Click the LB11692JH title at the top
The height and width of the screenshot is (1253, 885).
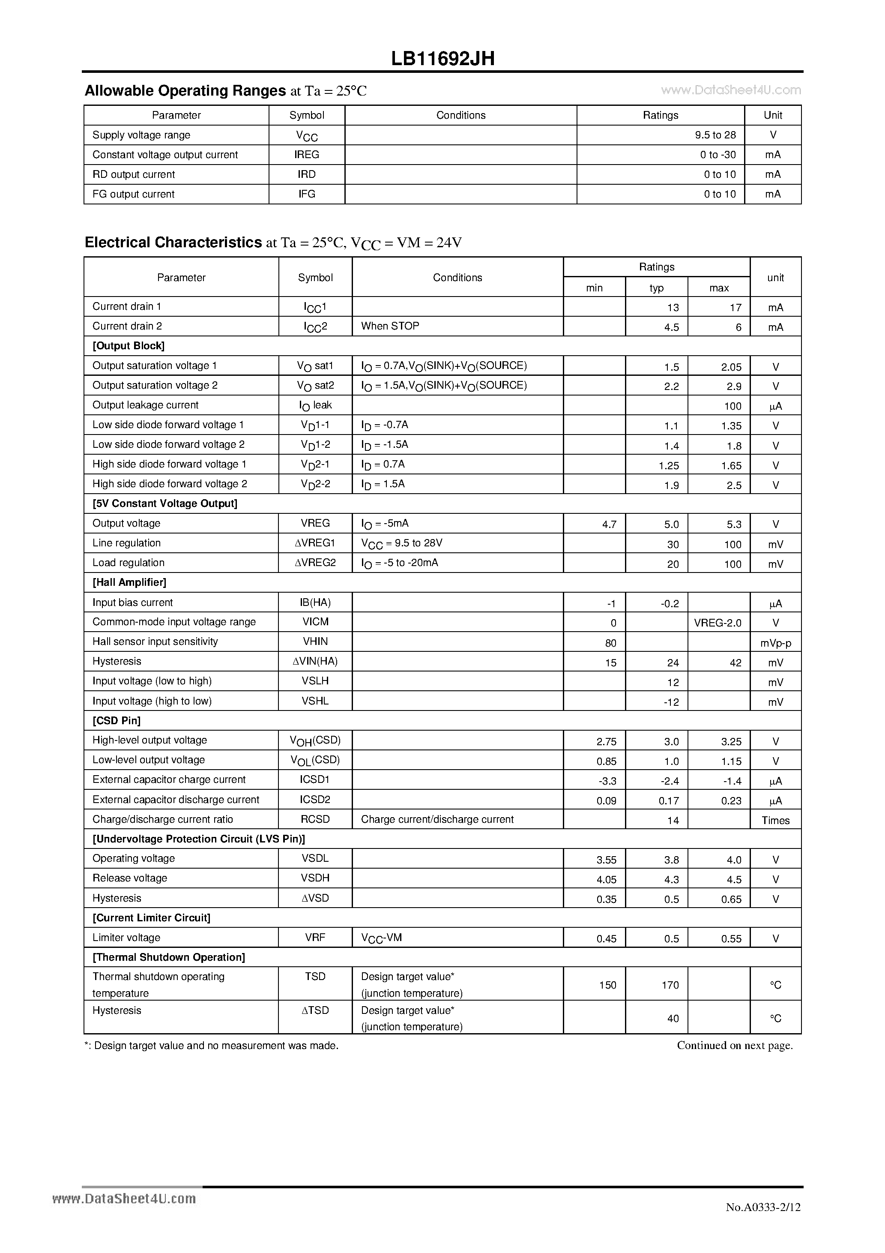[x=442, y=58]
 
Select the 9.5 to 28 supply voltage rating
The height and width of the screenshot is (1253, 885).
[x=715, y=135]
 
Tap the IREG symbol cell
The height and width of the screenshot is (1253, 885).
[x=307, y=154]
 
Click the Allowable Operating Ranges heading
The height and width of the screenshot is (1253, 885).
[x=185, y=90]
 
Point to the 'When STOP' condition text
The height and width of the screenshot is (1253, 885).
[x=390, y=326]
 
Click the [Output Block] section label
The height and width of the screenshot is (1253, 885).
[x=129, y=345]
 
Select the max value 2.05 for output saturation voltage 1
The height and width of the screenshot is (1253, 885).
[x=731, y=367]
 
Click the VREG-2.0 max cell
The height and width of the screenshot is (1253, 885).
[x=718, y=623]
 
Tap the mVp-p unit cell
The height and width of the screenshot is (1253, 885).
[x=775, y=643]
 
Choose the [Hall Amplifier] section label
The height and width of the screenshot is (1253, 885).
[x=129, y=582]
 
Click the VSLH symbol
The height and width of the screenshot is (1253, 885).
[x=315, y=680]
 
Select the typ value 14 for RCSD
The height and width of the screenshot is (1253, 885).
[x=673, y=820]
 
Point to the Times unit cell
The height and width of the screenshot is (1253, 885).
[x=775, y=820]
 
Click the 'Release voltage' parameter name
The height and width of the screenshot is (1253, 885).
[x=130, y=878]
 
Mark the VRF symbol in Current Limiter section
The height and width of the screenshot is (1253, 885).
[x=315, y=937]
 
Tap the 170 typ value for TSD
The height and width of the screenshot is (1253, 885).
[x=670, y=985]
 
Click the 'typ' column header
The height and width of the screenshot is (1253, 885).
[x=656, y=288]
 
